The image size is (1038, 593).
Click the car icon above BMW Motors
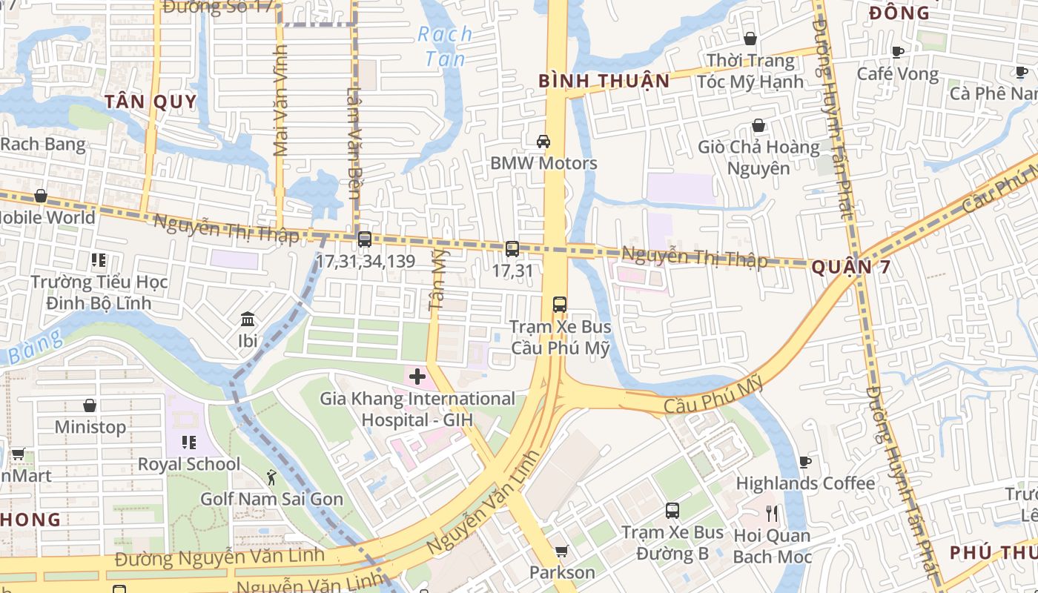[543, 141]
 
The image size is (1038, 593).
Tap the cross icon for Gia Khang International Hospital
[417, 377]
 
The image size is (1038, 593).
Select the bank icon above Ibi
[248, 319]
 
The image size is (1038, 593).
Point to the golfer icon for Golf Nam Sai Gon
[271, 477]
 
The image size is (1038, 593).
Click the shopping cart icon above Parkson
[562, 551]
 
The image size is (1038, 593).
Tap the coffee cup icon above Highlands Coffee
[804, 462]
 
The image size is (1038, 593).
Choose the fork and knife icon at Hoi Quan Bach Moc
[773, 513]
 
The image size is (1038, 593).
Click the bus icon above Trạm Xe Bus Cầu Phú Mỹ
[560, 305]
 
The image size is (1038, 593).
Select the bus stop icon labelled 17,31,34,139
[364, 239]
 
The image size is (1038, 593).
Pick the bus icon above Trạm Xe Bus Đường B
[672, 511]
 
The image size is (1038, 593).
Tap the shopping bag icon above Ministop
[90, 405]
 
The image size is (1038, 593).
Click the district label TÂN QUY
[151, 102]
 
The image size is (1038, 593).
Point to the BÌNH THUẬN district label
[604, 81]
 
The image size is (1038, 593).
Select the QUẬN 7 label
[850, 268]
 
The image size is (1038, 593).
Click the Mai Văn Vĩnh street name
[280, 101]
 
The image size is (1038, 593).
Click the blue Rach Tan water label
[445, 46]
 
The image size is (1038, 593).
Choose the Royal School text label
[189, 464]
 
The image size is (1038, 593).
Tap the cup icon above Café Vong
[898, 52]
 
